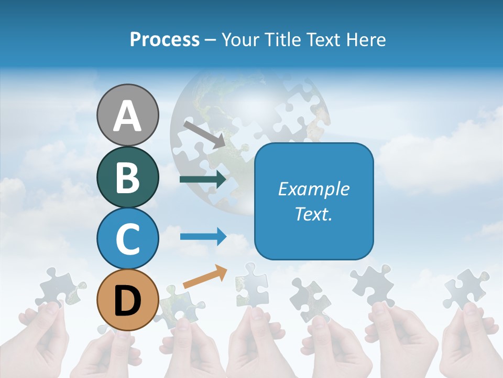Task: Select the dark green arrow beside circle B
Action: click(x=203, y=180)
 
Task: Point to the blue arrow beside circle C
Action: click(x=203, y=236)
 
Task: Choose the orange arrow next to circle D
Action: click(x=205, y=277)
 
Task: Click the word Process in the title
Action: click(x=165, y=40)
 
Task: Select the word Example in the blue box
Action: click(x=314, y=189)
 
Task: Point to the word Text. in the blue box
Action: click(x=314, y=214)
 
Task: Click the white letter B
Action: click(x=127, y=177)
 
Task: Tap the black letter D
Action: click(x=127, y=301)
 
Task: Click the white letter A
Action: click(x=127, y=116)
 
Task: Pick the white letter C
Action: click(x=127, y=239)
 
